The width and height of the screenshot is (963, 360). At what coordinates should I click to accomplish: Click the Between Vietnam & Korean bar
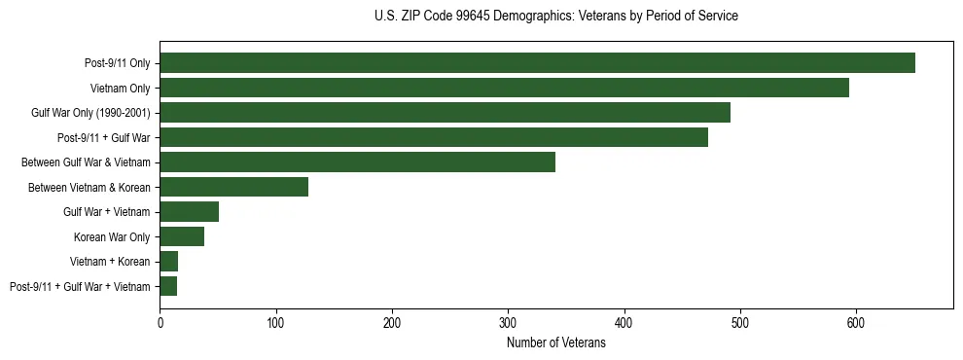point(233,187)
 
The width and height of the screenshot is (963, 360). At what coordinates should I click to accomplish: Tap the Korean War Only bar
point(182,236)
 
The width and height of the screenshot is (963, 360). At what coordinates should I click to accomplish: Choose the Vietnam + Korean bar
point(169,262)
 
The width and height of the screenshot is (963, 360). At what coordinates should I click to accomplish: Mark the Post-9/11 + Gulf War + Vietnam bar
point(168,286)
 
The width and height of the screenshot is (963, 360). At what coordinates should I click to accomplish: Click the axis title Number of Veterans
point(556,343)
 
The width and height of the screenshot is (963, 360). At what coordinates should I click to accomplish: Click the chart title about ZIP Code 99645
point(556,17)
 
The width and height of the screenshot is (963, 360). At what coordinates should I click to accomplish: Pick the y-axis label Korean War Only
point(112,236)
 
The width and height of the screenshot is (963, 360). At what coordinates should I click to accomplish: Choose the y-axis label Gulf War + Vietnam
point(107,212)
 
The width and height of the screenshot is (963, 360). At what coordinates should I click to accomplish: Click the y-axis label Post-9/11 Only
point(118,63)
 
